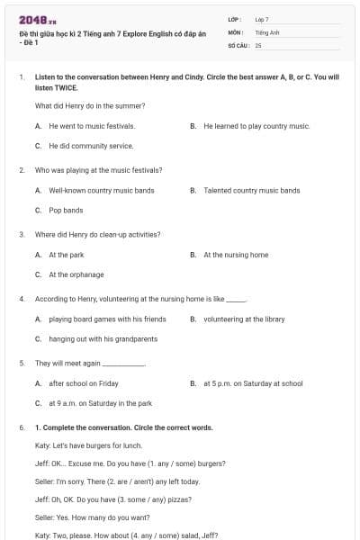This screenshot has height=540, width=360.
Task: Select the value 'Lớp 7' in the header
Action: tap(262, 18)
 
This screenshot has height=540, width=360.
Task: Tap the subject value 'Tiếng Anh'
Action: tap(268, 31)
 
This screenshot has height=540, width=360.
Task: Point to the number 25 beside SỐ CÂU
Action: tap(258, 44)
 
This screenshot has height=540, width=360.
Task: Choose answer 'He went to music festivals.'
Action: tap(92, 126)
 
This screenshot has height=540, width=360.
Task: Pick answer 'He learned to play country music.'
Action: tap(256, 126)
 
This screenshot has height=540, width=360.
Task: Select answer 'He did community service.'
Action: tap(91, 145)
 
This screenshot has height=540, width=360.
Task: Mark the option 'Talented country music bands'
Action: tap(252, 191)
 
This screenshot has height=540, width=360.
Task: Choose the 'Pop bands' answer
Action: tap(66, 210)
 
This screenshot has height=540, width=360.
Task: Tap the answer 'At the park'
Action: tap(67, 255)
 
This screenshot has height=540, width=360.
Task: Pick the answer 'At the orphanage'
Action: tap(76, 274)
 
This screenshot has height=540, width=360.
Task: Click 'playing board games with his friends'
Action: tap(107, 319)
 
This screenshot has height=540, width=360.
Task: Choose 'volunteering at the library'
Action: tap(244, 319)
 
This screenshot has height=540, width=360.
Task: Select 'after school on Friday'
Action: tap(84, 383)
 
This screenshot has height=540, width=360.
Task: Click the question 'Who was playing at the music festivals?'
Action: tap(98, 169)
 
